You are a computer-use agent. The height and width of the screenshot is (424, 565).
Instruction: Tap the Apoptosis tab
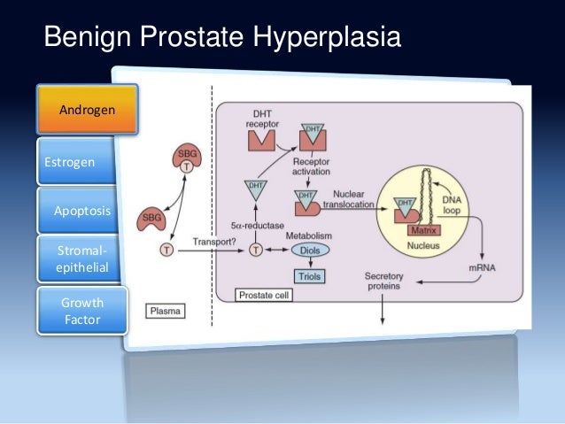pyautogui.click(x=82, y=211)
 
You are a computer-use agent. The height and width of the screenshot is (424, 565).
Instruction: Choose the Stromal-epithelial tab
pyautogui.click(x=81, y=258)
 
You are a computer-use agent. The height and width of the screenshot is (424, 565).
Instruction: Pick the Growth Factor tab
pyautogui.click(x=82, y=311)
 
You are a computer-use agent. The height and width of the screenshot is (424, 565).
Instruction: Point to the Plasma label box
pyautogui.click(x=166, y=312)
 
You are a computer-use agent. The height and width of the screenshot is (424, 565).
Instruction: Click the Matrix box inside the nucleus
pyautogui.click(x=419, y=231)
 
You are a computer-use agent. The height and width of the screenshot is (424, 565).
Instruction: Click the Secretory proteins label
pyautogui.click(x=383, y=281)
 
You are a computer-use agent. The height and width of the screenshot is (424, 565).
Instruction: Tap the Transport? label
pyautogui.click(x=217, y=240)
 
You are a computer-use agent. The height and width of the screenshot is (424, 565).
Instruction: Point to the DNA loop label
pyautogui.click(x=453, y=205)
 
